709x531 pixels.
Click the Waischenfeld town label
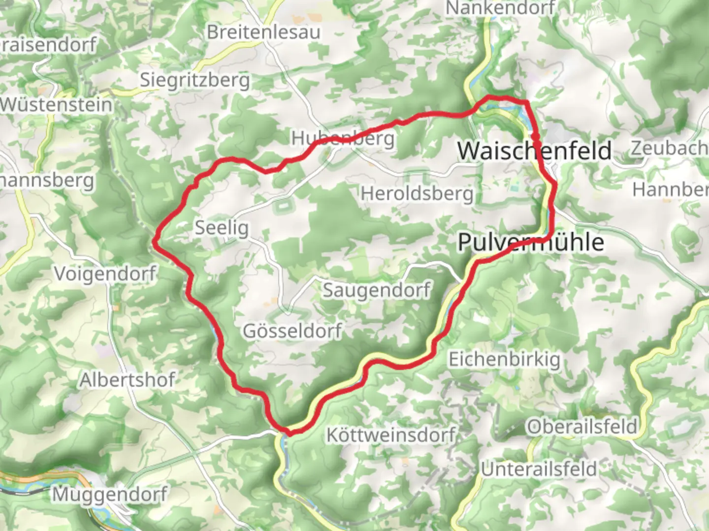(x=534, y=150)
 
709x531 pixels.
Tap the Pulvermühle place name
(x=530, y=242)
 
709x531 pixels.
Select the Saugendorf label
(x=377, y=290)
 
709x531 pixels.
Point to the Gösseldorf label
(x=292, y=331)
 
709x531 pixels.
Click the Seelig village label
(x=222, y=228)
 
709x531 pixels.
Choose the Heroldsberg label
(x=417, y=194)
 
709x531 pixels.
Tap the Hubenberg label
(x=343, y=138)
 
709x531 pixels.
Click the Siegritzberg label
(x=195, y=80)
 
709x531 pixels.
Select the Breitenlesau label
(x=263, y=32)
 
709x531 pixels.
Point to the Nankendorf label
(x=500, y=8)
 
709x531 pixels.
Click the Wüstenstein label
(x=56, y=105)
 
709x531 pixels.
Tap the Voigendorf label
(x=105, y=274)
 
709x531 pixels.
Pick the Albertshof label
(x=128, y=380)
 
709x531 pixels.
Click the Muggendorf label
(x=109, y=494)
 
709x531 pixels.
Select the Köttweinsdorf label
(x=391, y=435)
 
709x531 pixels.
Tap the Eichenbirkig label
(x=504, y=359)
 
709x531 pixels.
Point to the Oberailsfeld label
(x=582, y=426)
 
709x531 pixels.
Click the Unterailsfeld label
(x=539, y=469)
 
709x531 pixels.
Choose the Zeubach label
(x=670, y=148)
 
